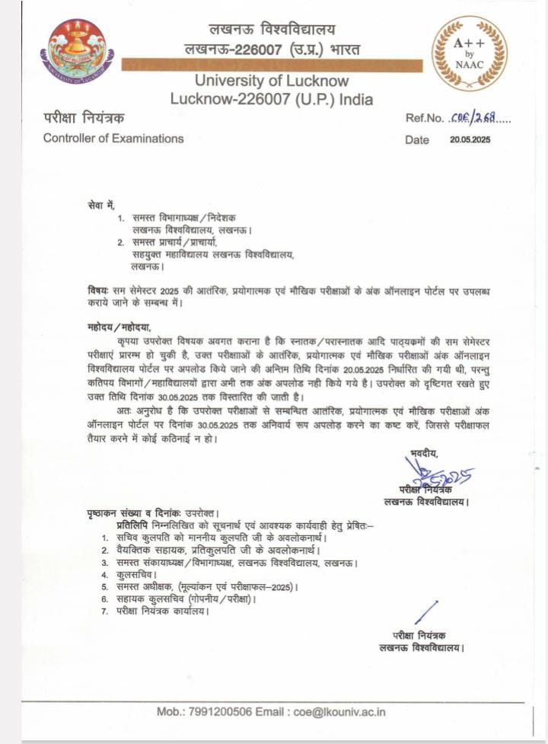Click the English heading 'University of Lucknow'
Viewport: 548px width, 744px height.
click(x=272, y=81)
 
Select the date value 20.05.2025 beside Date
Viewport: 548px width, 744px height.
click(x=470, y=139)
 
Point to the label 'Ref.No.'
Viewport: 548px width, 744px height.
click(x=424, y=118)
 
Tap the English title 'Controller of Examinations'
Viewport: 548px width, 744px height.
click(x=113, y=139)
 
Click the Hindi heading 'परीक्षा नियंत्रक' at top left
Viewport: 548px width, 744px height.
click(x=83, y=118)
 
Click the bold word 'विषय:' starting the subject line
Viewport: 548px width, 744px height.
click(x=98, y=292)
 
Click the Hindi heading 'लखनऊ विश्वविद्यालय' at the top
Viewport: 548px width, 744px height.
click(x=272, y=30)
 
